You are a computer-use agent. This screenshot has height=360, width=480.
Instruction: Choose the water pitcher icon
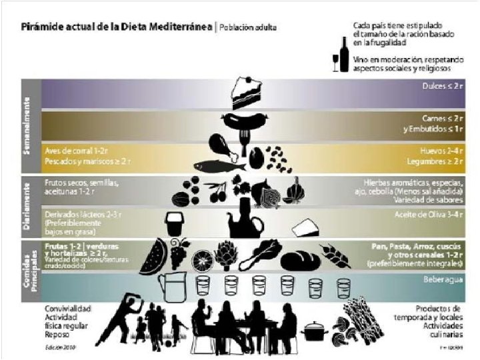point(169,287)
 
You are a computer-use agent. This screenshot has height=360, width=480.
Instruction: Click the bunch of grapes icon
point(179,253)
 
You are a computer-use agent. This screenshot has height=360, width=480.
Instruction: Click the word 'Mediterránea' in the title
point(177,28)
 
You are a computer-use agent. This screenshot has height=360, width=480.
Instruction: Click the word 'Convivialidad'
point(68,309)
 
